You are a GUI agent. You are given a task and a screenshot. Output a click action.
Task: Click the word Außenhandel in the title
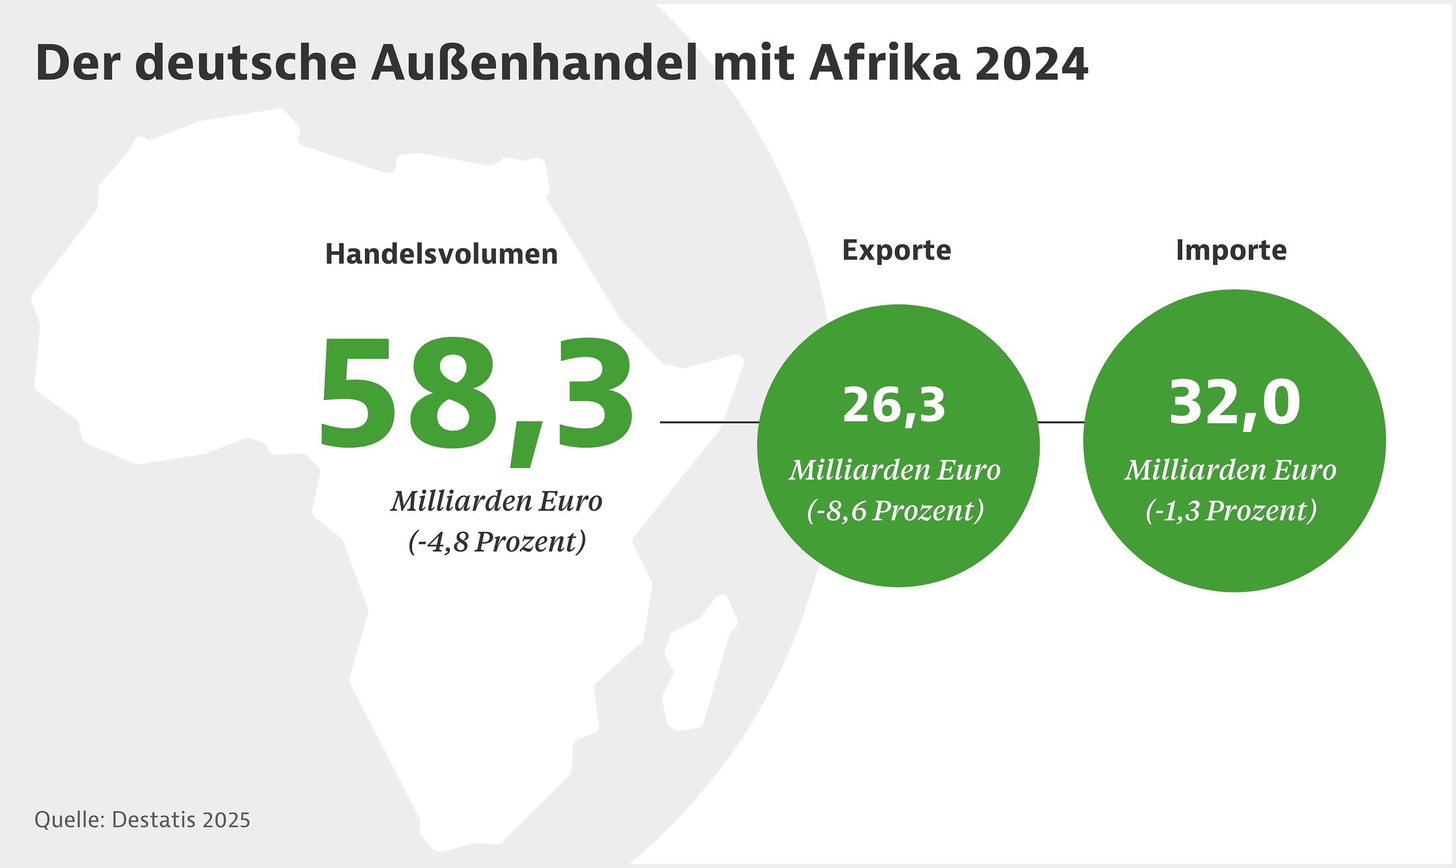point(534,63)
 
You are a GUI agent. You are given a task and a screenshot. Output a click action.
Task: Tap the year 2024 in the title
point(1031,63)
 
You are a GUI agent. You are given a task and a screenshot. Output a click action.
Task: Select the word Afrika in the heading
point(884,63)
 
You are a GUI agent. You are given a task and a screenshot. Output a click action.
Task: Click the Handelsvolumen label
point(442,254)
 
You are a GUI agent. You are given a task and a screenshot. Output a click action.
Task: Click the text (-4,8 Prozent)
point(497,542)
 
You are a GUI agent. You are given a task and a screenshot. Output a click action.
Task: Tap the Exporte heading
point(896,250)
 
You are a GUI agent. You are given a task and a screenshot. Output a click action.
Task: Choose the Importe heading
point(1231,250)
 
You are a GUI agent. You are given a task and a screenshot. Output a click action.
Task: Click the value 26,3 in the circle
point(893,405)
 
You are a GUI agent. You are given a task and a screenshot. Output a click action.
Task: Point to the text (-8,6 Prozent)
point(895,511)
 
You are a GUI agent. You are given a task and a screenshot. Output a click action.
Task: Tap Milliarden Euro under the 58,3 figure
point(496,501)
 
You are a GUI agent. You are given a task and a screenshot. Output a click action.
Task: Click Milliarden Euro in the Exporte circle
point(894,469)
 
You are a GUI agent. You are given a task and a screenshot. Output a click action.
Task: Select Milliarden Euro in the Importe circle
point(1231,469)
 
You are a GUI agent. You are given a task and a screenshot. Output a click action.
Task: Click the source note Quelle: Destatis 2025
point(142,820)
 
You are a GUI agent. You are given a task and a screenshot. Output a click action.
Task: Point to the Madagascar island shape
point(699,667)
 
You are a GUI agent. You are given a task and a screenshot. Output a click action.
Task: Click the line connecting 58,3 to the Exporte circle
point(709,422)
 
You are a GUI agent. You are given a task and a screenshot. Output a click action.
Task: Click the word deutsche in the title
point(246,63)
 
